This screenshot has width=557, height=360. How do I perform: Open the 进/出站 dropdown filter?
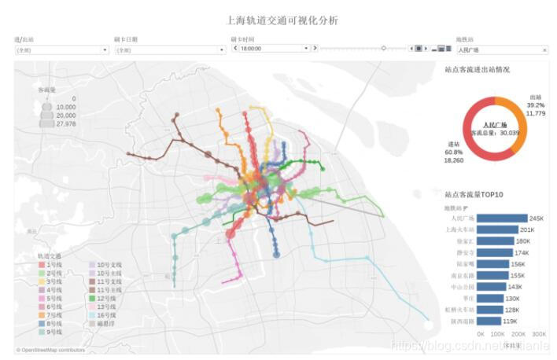click(61, 50)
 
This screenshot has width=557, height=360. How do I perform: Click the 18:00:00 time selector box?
click(271, 49)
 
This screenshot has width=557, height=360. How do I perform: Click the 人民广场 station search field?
click(500, 50)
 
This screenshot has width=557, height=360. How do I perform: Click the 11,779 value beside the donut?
click(535, 113)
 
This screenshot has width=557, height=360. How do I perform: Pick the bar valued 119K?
click(489, 321)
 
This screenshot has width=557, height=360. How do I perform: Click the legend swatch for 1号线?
click(41, 266)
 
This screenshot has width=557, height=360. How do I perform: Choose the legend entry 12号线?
click(107, 299)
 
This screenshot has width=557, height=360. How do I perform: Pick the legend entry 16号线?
click(107, 315)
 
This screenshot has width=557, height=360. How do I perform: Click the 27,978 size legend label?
click(66, 123)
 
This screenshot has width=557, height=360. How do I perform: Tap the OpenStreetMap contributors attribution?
click(50, 351)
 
